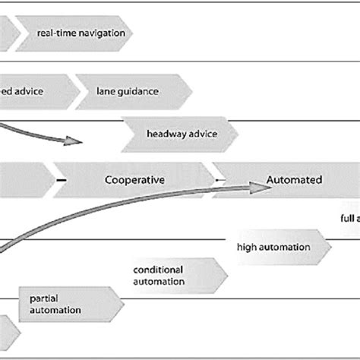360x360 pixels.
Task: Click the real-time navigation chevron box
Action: pyautogui.click(x=75, y=33)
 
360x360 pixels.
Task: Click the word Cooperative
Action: pyautogui.click(x=134, y=180)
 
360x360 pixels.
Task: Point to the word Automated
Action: pyautogui.click(x=294, y=180)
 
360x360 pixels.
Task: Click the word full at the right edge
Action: pyautogui.click(x=344, y=217)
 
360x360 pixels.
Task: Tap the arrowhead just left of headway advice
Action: pyautogui.click(x=74, y=141)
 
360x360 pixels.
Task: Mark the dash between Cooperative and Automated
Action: pyautogui.click(x=218, y=180)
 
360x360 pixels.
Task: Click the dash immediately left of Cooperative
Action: pyautogui.click(x=60, y=180)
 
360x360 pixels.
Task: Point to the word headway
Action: pyautogui.click(x=163, y=134)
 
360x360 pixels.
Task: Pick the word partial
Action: pyautogui.click(x=44, y=298)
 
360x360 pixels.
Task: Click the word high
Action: pyautogui.click(x=248, y=247)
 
